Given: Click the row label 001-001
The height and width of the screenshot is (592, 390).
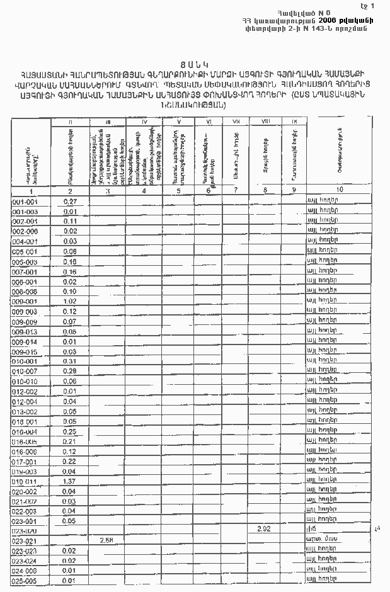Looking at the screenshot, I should click(x=25, y=202).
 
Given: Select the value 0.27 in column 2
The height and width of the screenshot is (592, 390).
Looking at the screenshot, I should click(x=70, y=202).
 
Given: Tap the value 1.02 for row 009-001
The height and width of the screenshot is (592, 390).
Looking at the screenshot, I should click(x=70, y=302).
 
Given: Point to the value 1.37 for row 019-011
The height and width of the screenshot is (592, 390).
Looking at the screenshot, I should click(x=70, y=481).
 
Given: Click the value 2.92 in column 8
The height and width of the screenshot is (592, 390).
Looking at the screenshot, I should click(x=264, y=530).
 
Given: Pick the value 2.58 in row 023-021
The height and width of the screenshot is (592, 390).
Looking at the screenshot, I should click(x=106, y=540).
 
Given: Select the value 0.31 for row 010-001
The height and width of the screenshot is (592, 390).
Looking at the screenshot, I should click(x=70, y=361).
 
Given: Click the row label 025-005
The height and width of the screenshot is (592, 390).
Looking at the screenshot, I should click(x=25, y=580).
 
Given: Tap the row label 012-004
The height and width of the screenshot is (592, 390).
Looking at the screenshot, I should click(x=25, y=401).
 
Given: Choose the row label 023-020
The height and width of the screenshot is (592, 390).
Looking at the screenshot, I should click(x=25, y=531).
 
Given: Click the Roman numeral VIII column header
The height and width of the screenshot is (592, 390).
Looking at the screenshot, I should click(x=265, y=120).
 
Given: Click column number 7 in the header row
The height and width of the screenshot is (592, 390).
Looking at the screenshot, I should click(x=235, y=190).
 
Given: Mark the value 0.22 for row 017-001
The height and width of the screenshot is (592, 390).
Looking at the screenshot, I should click(x=70, y=461).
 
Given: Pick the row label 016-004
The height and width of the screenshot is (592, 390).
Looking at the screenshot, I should click(x=25, y=431).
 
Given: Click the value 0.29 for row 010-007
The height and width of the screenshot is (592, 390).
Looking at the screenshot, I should click(x=70, y=372).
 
